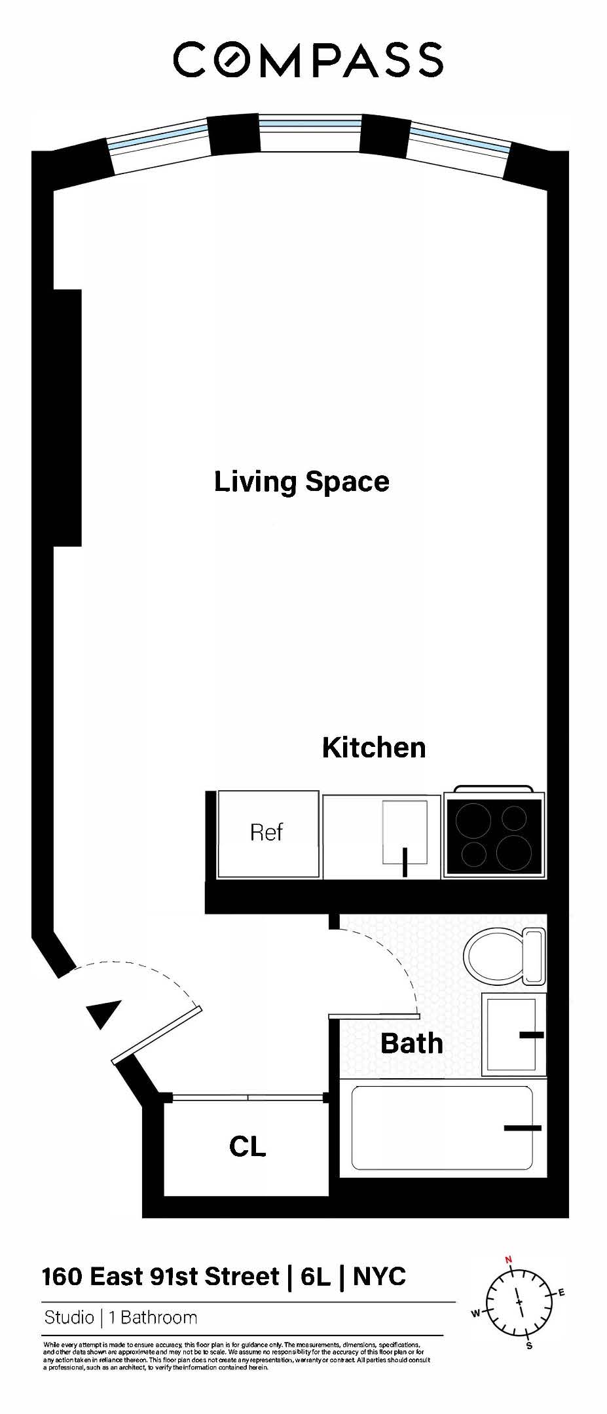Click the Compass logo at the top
(x=308, y=60)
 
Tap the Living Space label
(x=301, y=482)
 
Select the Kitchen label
(x=374, y=748)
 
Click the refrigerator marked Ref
(x=267, y=833)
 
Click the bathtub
(x=442, y=1128)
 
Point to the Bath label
(x=411, y=1043)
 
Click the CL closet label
(x=247, y=1146)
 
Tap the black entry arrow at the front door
(x=105, y=1013)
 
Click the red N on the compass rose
(x=508, y=1259)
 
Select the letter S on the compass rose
(x=529, y=1346)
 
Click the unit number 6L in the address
(x=316, y=1277)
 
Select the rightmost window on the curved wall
(x=458, y=148)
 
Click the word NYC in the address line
(x=379, y=1277)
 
